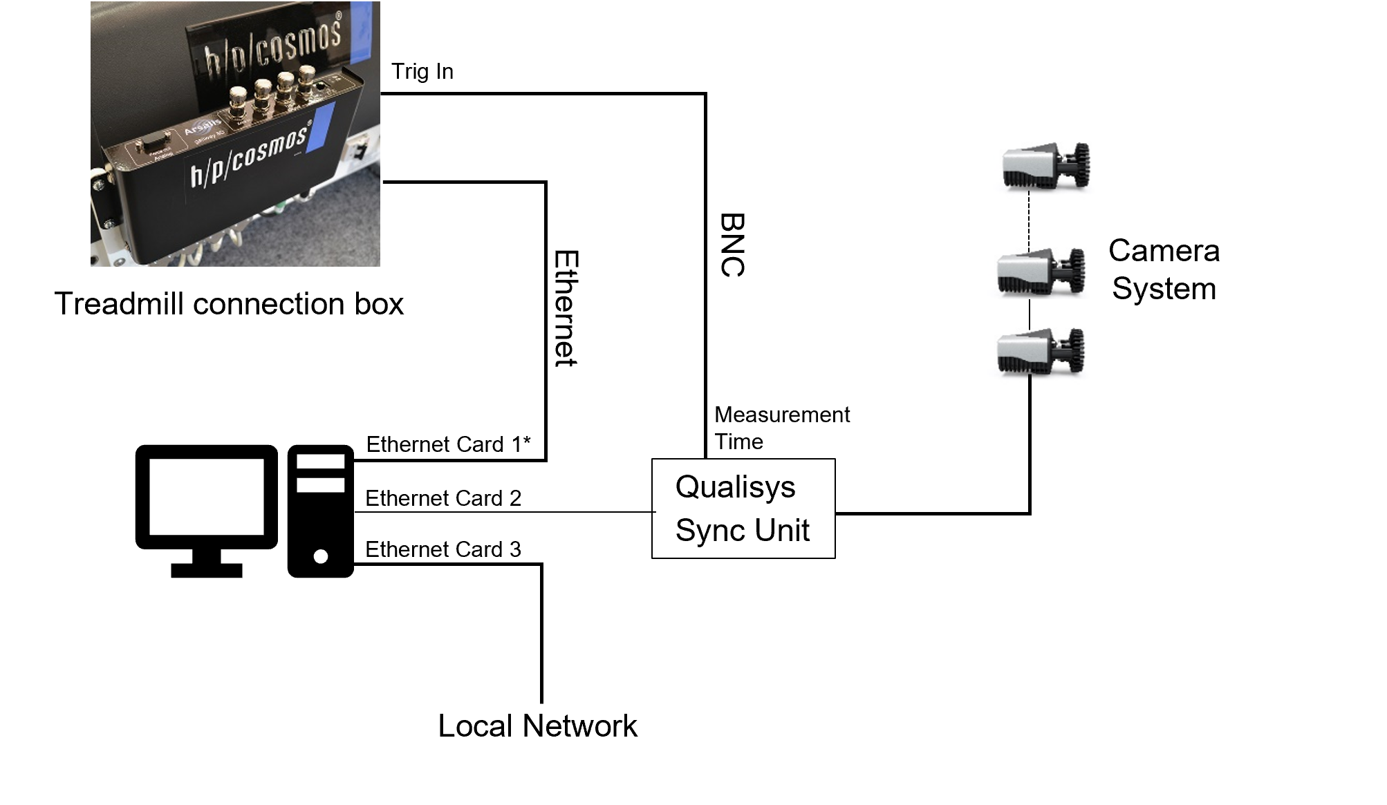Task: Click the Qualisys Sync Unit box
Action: coord(743,509)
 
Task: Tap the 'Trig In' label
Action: coord(422,71)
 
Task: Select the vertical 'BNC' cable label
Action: coord(732,245)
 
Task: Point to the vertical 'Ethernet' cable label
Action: coord(566,308)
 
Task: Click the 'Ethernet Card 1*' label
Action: coord(448,444)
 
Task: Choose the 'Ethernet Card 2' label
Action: coord(443,498)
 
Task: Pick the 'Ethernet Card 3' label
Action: coord(443,549)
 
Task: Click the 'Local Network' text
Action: coord(537,726)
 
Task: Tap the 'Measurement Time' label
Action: coord(781,428)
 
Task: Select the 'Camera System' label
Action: coord(1164,269)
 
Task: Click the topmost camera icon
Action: coord(1045,166)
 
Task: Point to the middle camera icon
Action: coord(1041,272)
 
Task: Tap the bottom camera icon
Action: coord(1041,352)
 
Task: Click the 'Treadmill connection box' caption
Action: coord(229,304)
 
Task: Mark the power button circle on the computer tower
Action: coord(321,556)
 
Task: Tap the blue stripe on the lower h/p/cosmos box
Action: coord(319,129)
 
